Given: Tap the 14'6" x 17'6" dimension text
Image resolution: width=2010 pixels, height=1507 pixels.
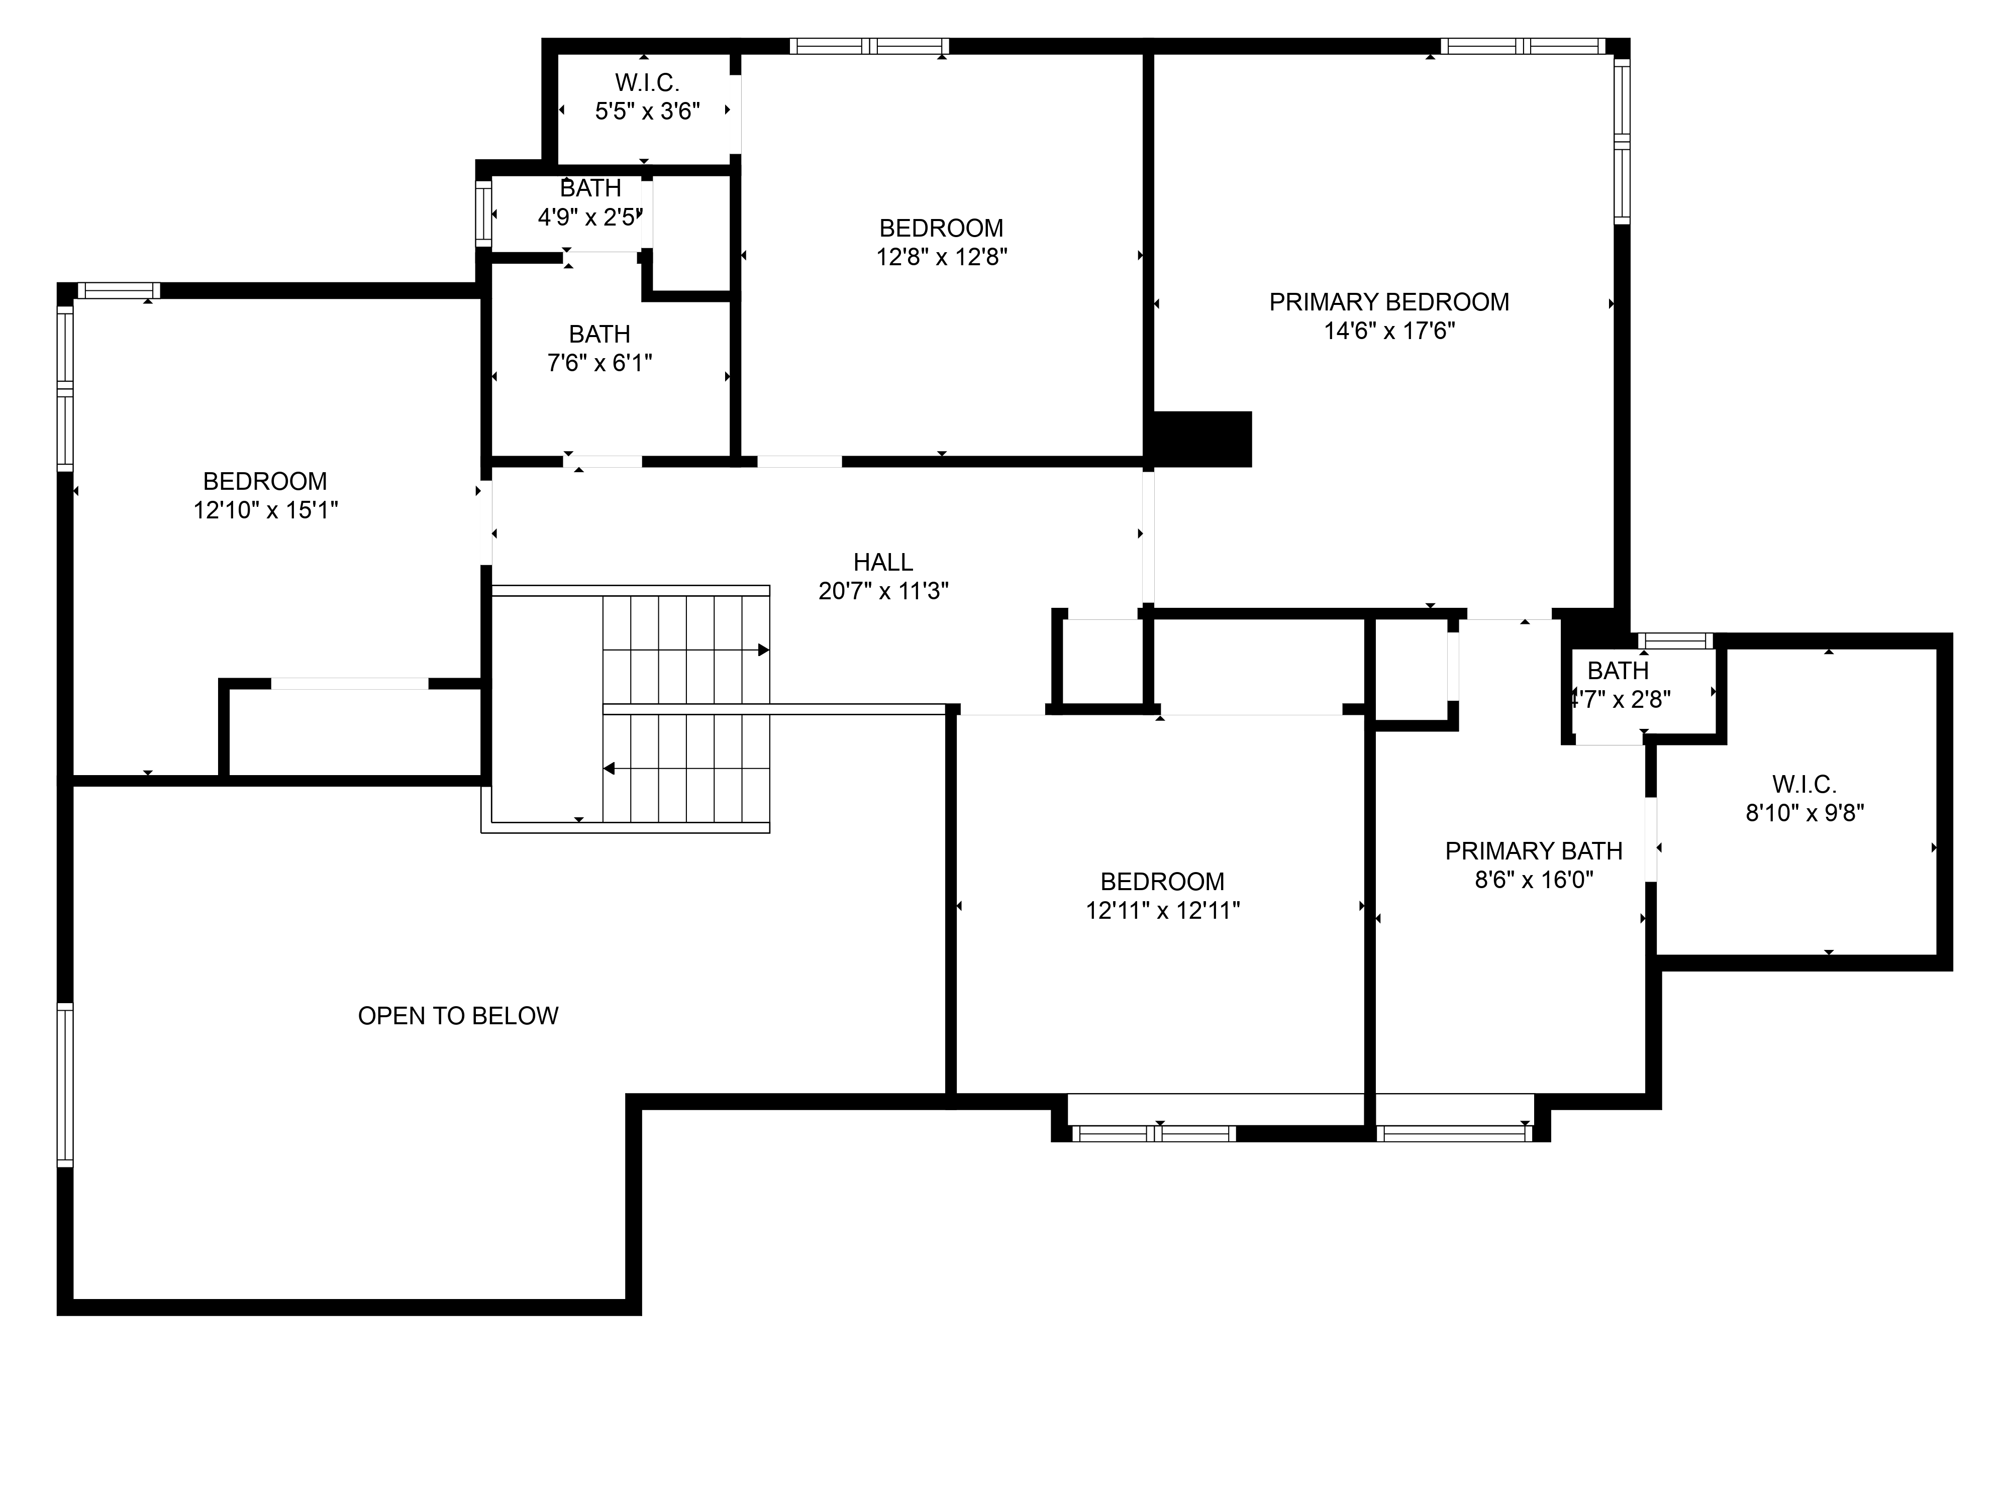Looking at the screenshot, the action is point(1389,331).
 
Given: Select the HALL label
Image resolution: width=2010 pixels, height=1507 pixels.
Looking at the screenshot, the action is point(883,562).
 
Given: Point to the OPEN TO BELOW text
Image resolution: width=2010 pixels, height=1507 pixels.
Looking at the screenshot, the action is point(458,1016).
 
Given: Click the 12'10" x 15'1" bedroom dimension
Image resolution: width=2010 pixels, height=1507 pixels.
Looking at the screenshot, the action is point(265,510).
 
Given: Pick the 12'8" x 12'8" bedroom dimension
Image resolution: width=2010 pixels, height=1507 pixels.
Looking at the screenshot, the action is point(941,257).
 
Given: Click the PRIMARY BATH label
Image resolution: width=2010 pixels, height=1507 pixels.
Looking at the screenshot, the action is point(1534,851).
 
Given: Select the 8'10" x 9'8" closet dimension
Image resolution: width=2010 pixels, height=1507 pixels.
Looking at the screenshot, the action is point(1804,813).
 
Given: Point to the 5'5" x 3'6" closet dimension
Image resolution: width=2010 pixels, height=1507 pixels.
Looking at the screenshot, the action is point(647,112).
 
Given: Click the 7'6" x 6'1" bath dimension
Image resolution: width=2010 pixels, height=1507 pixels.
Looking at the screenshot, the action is point(599,363).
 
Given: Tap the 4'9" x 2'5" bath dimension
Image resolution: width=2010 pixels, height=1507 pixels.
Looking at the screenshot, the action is point(590,217).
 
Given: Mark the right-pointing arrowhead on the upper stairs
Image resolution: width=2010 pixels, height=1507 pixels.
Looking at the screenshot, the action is point(763,651).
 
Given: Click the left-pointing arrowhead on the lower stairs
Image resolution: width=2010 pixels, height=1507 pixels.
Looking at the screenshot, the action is point(609,769).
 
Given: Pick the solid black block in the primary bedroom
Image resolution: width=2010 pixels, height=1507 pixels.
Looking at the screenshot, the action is point(1202,440).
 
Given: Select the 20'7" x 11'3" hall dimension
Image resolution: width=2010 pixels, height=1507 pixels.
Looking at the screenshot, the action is point(883,591).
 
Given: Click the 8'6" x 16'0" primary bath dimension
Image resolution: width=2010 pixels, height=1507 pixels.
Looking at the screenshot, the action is point(1534,880).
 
